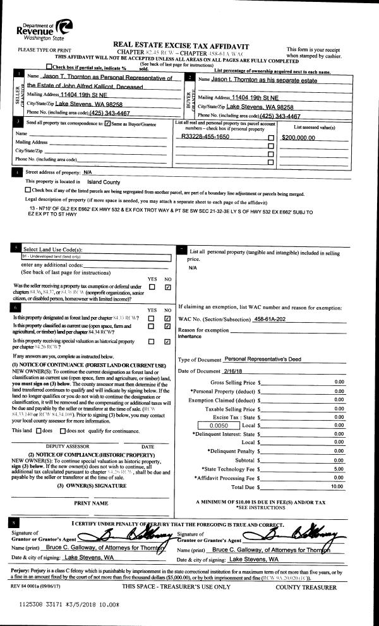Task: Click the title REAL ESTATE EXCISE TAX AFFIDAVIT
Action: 181,46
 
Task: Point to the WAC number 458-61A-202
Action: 270,319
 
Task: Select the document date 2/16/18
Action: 235,370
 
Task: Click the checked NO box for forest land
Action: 167,318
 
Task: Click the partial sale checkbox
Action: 50,67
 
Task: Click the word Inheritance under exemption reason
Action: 191,336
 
